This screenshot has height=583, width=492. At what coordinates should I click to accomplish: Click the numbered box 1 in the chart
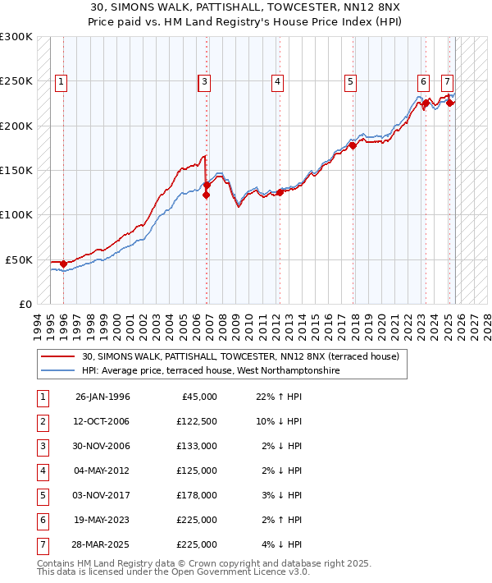pos(63,81)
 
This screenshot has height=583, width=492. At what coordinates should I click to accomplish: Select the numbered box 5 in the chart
pos(350,81)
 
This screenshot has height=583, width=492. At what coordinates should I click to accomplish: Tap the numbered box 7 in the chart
pos(447,81)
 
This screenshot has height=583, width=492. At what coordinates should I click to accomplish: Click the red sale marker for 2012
pos(280,192)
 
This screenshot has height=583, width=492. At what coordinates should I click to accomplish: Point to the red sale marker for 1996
pos(63,264)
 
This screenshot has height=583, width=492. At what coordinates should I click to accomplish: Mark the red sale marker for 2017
pos(353,145)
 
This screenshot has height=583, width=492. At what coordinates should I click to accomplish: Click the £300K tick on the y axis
pos(16,37)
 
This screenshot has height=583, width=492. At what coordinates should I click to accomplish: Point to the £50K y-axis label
pos(19,259)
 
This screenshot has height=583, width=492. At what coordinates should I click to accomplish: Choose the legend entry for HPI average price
pos(211,371)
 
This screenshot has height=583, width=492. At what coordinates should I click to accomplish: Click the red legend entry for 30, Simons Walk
pos(240,357)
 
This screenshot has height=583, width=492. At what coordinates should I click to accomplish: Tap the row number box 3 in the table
pos(41,447)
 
